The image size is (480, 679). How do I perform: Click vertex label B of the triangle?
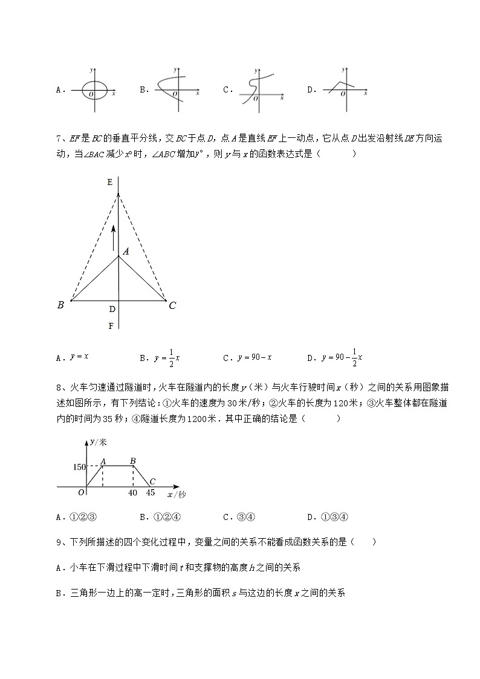point(60,305)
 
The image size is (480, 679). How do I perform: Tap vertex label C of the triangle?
point(172,305)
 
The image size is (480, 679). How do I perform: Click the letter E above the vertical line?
point(109,182)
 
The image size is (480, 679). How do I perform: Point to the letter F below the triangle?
point(111,326)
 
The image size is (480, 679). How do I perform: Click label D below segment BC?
point(112,309)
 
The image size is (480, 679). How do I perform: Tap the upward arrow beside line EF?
point(112,236)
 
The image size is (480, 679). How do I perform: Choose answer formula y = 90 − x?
point(255,357)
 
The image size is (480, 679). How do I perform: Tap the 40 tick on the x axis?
point(133,493)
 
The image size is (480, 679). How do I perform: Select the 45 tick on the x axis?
point(151,493)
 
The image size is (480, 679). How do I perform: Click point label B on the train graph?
point(132,461)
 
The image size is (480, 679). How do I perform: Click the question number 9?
point(58,542)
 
